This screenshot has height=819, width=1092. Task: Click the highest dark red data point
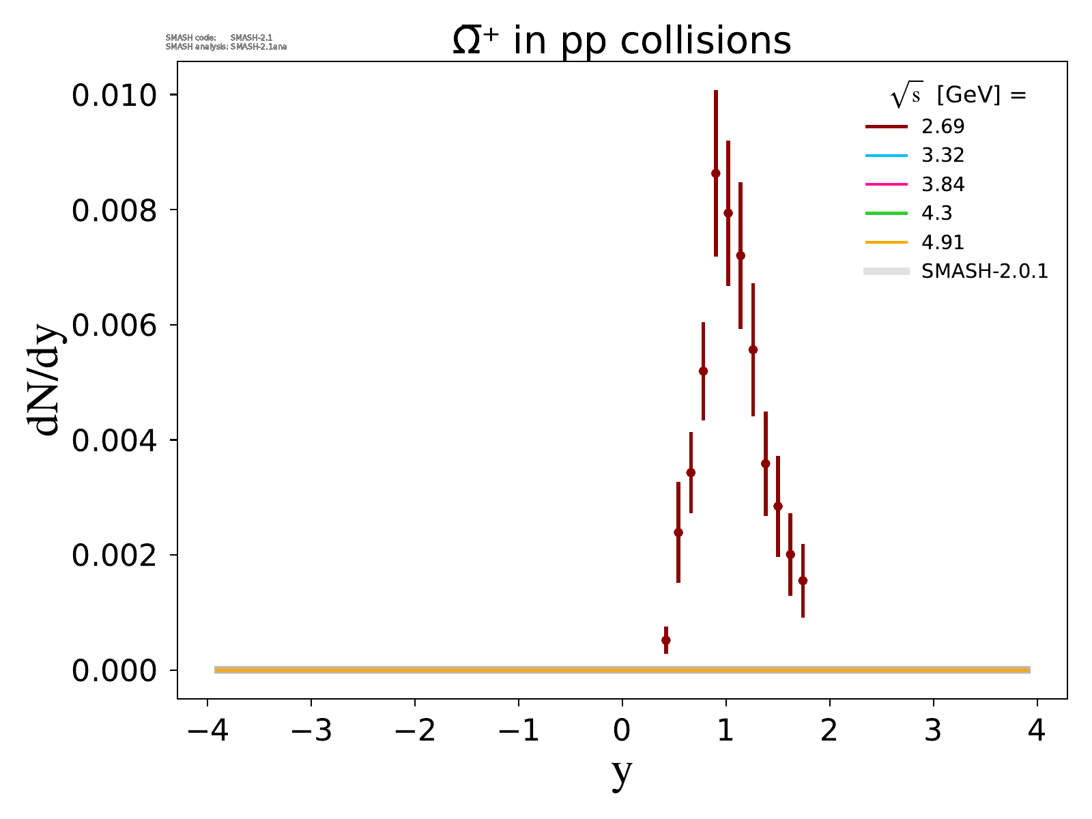point(715,173)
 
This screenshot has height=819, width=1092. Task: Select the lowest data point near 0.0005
point(665,640)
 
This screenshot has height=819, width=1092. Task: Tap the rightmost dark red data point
point(803,581)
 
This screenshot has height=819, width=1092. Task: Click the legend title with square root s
point(958,96)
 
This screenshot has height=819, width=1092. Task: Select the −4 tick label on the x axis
point(207,732)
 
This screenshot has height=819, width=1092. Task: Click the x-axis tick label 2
point(830,732)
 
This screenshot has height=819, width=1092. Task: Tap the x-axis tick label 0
point(622,732)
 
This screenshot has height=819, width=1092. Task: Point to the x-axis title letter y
point(622,773)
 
